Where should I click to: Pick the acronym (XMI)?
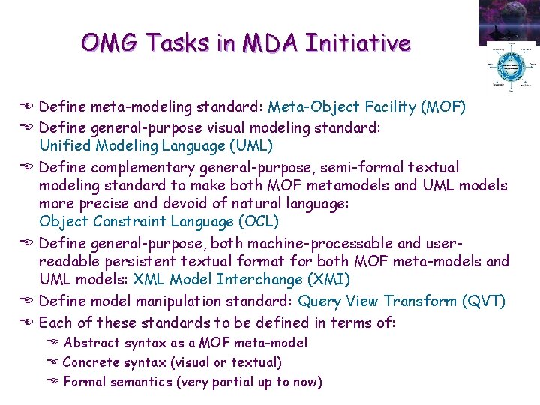334,280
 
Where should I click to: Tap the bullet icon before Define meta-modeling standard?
28,107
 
